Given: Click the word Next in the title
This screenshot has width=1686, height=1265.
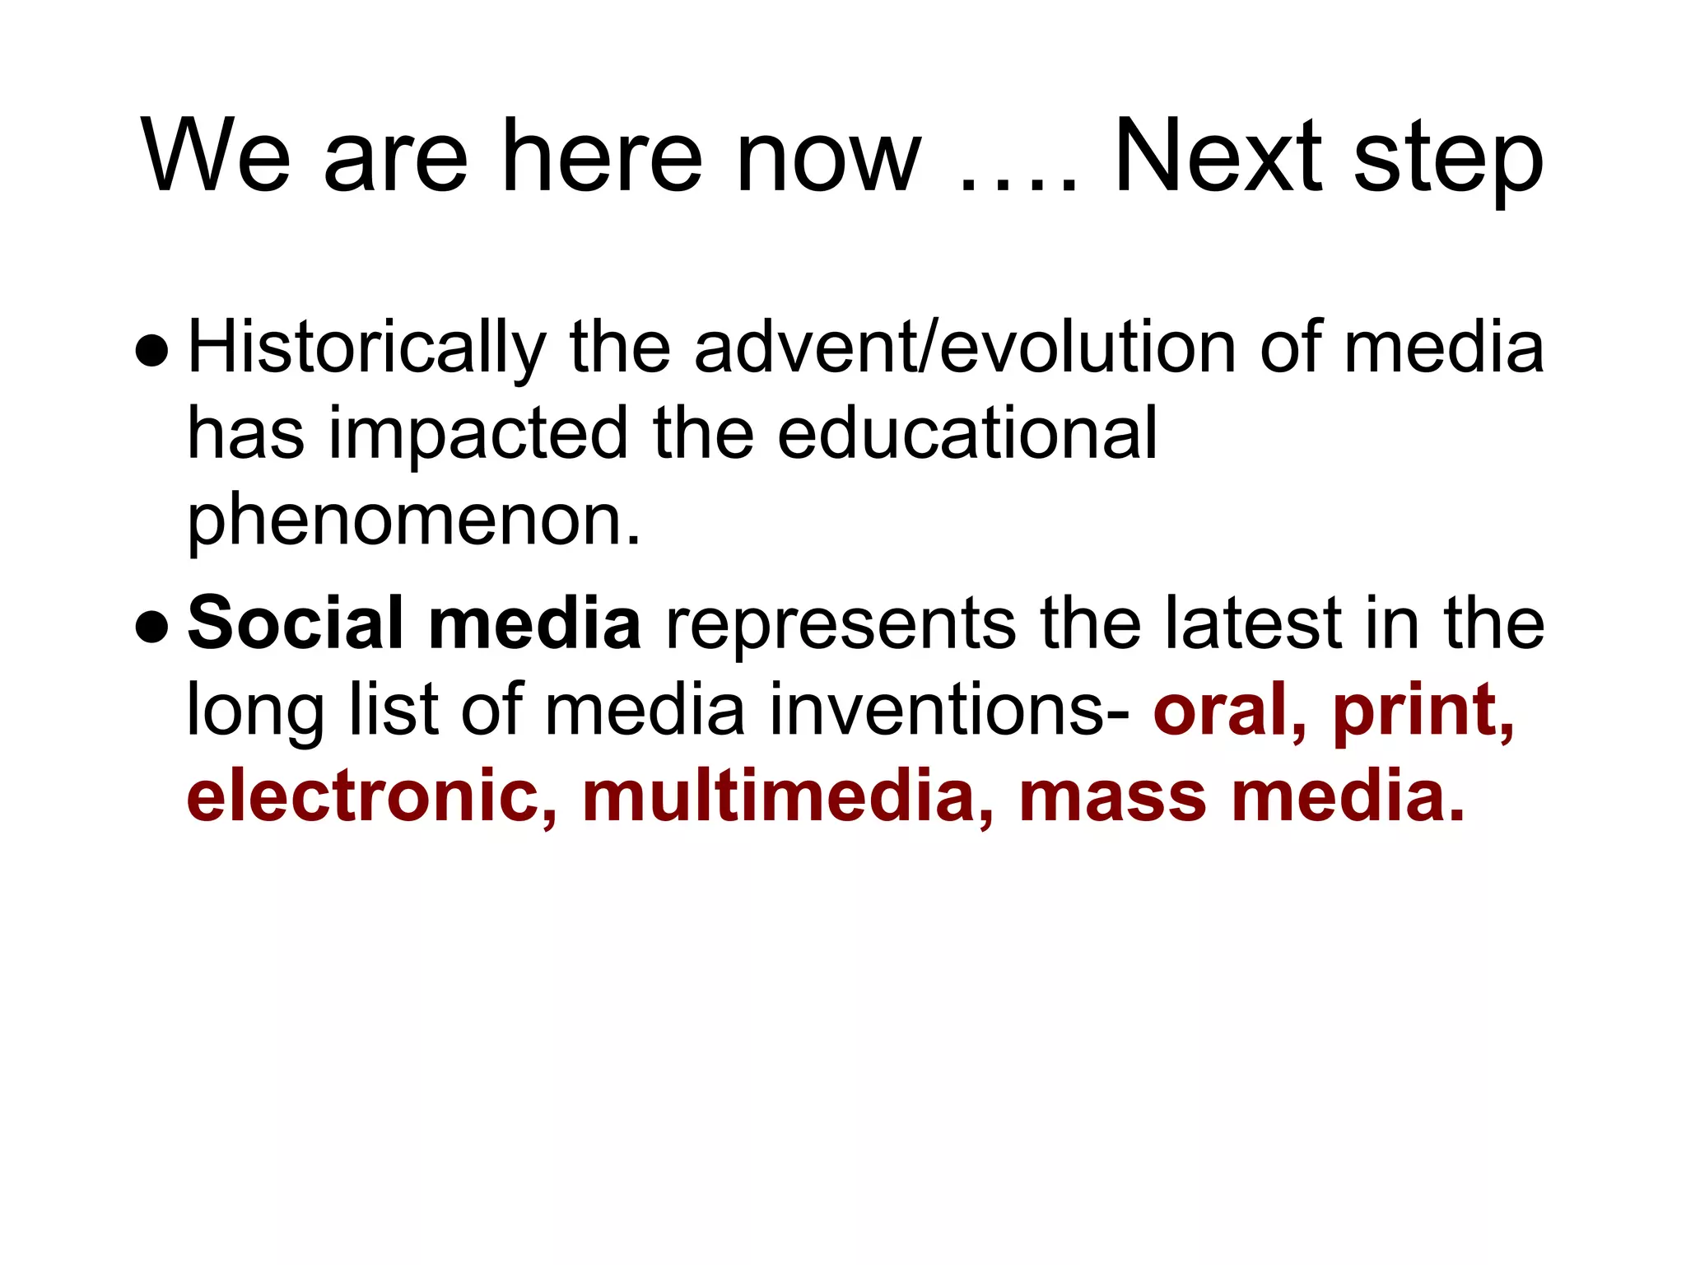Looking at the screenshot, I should (x=1217, y=156).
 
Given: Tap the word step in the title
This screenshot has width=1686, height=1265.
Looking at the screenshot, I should (x=1448, y=161).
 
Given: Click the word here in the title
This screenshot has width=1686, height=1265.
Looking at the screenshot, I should (x=602, y=156).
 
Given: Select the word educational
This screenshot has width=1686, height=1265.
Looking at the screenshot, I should (x=967, y=433).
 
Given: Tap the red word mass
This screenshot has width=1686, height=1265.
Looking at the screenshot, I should (x=1111, y=797).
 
